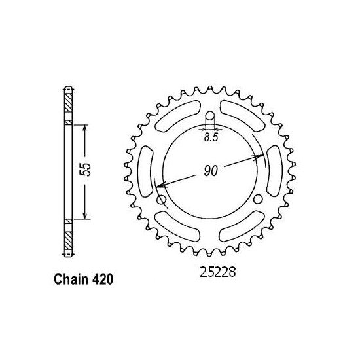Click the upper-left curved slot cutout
pos(174,117)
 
